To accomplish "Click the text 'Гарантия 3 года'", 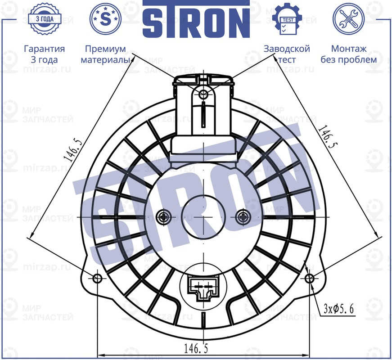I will click(44, 54).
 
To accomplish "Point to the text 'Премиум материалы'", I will click(105, 54).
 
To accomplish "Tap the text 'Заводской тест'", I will click(287, 54).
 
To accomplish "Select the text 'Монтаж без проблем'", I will click(348, 54).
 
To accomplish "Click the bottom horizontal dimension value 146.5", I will click(196, 347).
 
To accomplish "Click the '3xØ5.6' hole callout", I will click(338, 309).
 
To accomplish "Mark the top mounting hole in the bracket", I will click(203, 94).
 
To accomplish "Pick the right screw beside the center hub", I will click(243, 217).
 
